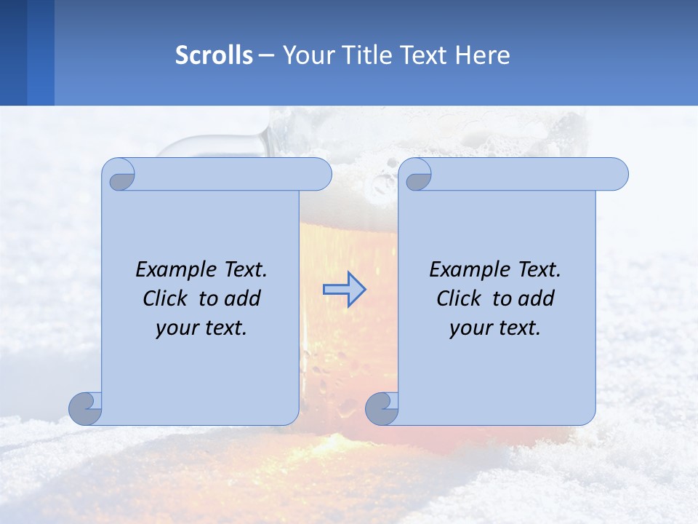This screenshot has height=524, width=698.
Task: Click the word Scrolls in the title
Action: click(214, 55)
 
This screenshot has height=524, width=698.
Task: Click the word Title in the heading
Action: click(368, 55)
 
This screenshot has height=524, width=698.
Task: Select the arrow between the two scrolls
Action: click(344, 290)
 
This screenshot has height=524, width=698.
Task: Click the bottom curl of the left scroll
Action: click(86, 408)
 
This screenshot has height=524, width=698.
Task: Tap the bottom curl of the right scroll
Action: click(382, 408)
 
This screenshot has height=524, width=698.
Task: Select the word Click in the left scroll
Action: click(164, 298)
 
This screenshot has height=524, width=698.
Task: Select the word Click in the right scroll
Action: click(458, 298)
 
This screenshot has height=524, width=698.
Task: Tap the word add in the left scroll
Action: click(243, 298)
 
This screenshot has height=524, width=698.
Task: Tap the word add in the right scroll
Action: click(537, 298)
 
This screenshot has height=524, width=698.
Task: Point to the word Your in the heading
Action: click(308, 55)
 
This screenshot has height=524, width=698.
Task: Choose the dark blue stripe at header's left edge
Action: click(13, 52)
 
